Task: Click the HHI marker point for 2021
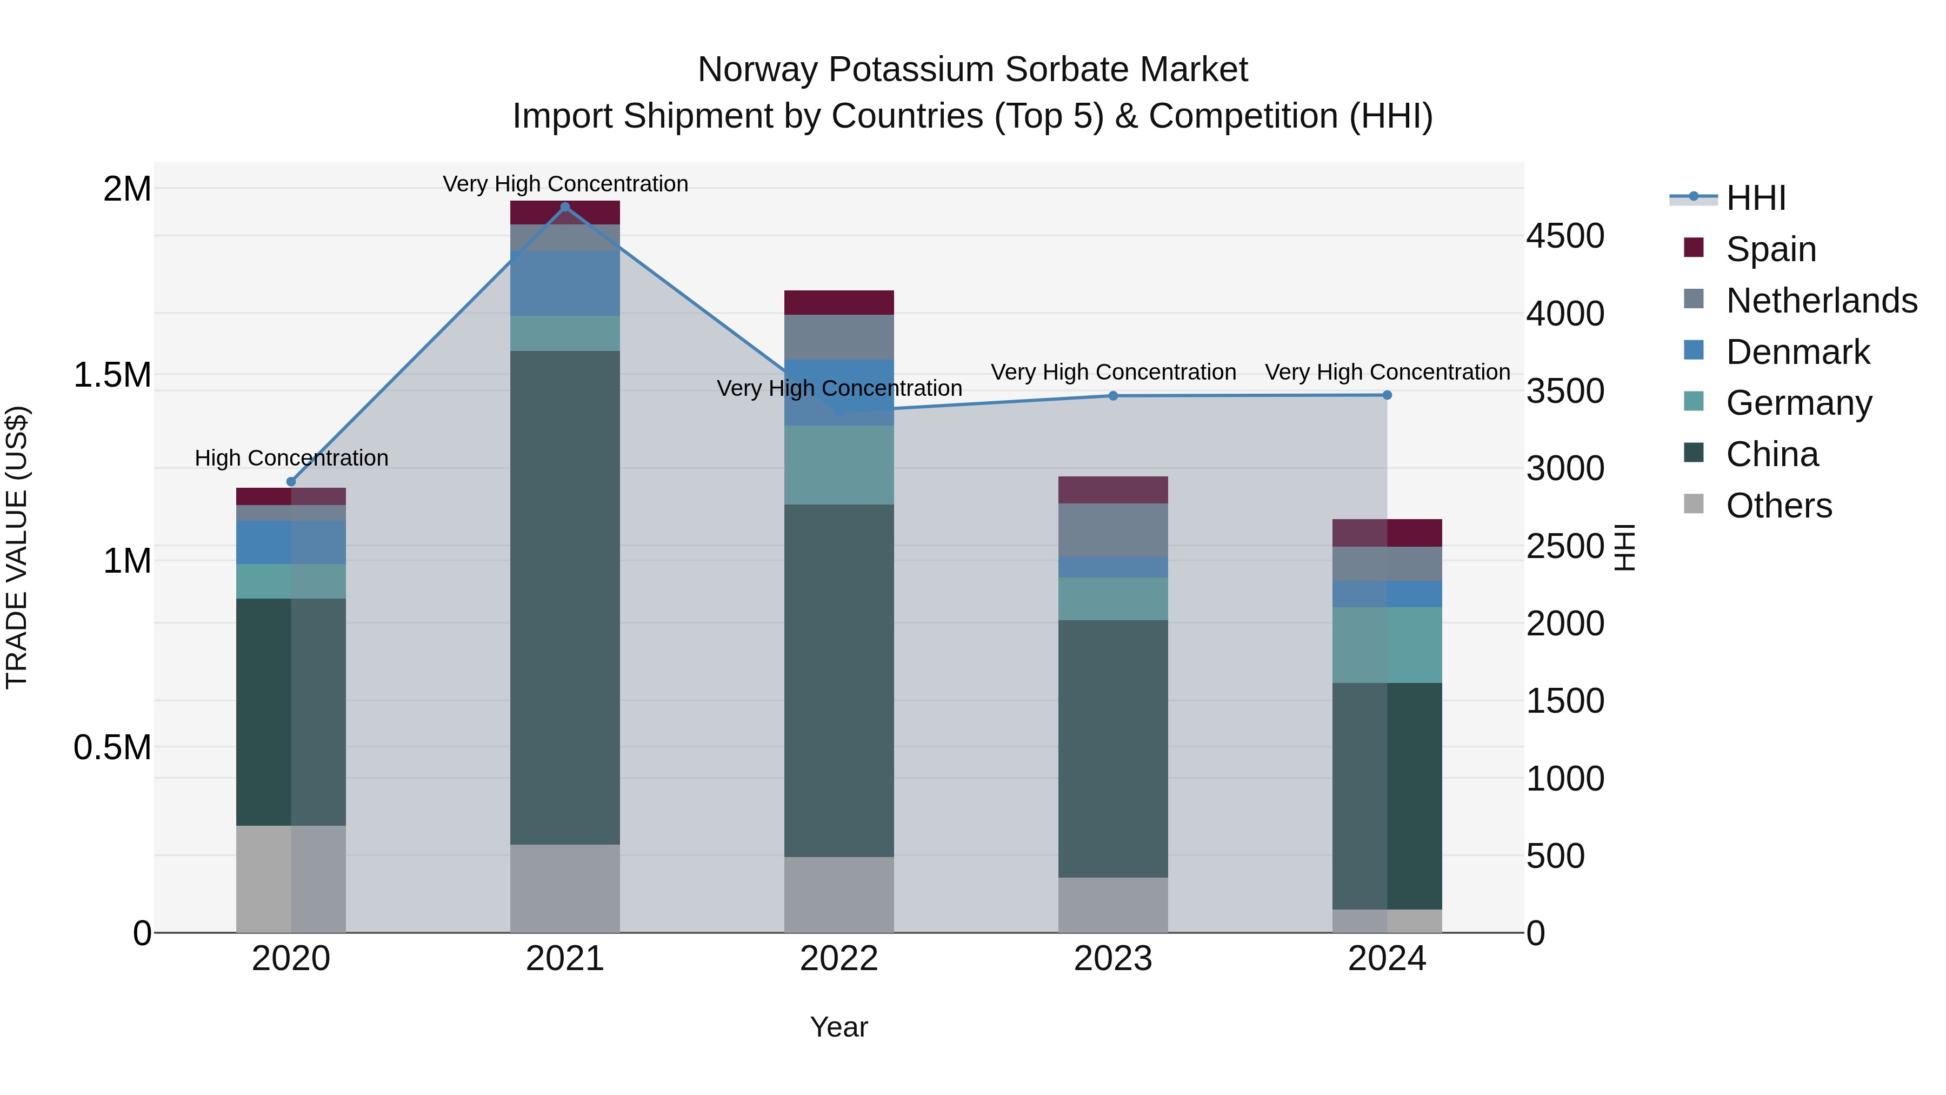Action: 565,207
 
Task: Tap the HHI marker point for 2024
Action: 1387,395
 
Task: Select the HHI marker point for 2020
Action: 291,482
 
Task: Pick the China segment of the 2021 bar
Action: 565,597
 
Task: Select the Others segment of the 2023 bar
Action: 1113,905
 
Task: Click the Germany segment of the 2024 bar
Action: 1387,645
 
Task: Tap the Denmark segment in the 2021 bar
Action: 565,283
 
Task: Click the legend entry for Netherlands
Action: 1821,301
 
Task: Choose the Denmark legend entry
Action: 1797,352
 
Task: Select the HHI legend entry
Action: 1755,198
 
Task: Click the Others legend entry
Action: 1778,506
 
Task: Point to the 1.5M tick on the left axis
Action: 112,375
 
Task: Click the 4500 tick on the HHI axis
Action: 1564,236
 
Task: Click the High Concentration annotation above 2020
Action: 291,458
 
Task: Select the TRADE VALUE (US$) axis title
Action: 17,547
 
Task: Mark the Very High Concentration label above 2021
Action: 565,184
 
